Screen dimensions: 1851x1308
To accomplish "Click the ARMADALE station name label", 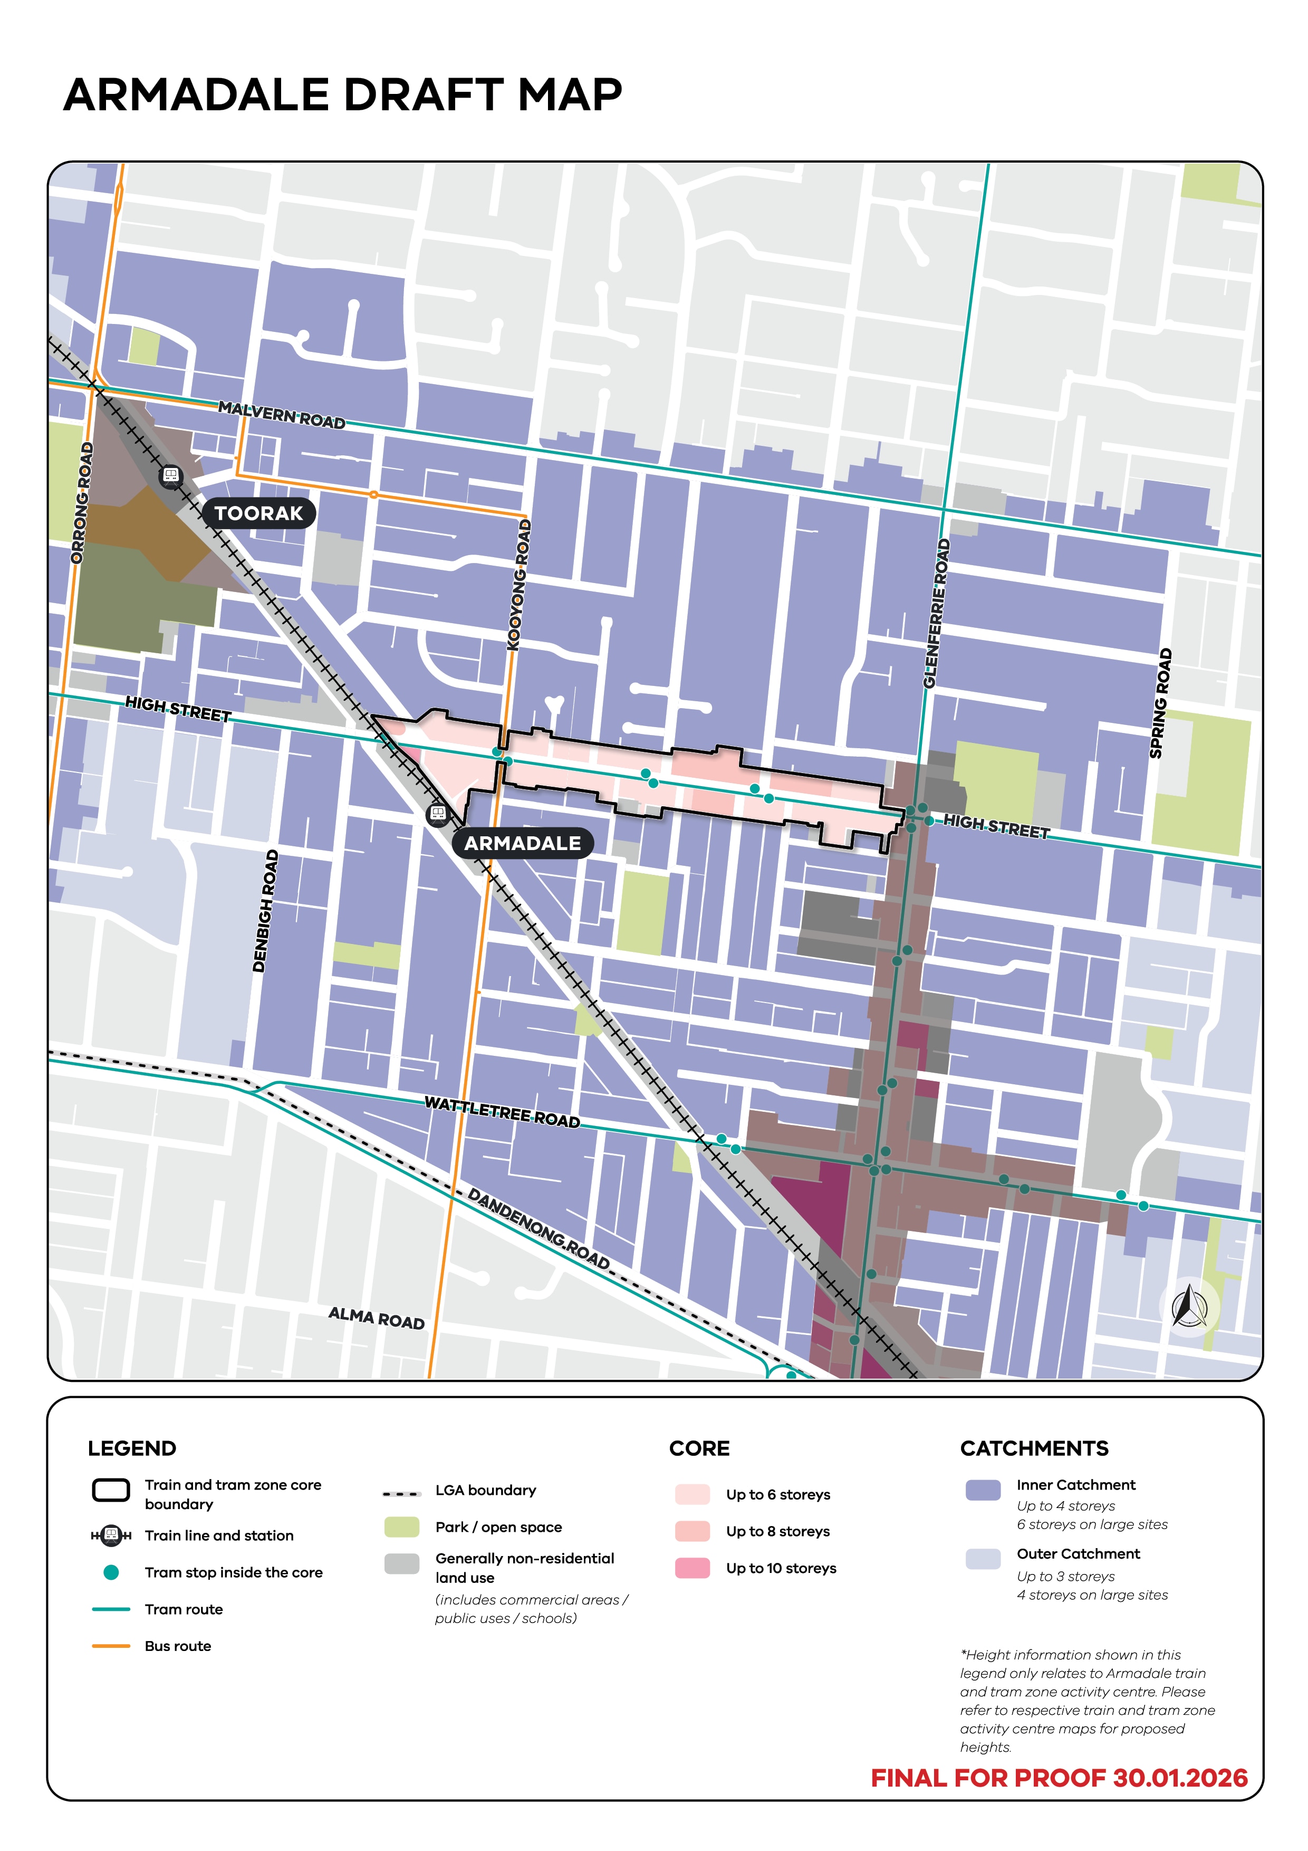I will coord(522,843).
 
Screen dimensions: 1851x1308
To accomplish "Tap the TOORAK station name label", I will coord(258,513).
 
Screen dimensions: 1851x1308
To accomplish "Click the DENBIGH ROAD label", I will coord(265,911).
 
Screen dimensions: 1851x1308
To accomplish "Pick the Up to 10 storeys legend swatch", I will coord(693,1568).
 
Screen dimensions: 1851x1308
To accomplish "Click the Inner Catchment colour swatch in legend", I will coord(983,1490).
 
